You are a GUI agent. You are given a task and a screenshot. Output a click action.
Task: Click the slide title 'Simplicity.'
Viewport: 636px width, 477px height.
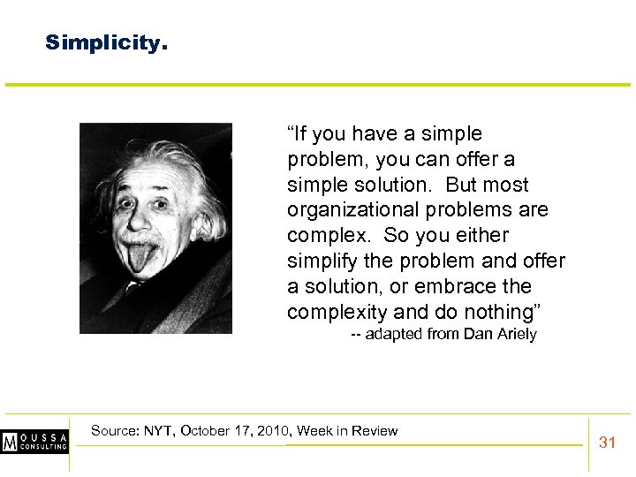click(105, 42)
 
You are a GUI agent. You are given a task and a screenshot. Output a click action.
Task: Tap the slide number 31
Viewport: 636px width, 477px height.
click(607, 442)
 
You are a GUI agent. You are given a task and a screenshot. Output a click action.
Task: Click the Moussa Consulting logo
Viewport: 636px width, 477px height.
click(34, 441)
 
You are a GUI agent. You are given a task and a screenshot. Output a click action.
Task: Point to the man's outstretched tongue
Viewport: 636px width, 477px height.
click(142, 257)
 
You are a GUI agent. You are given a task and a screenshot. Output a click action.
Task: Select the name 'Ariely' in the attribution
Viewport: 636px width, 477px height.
click(513, 334)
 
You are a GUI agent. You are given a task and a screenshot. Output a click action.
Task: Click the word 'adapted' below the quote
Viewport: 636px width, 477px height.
click(393, 334)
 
